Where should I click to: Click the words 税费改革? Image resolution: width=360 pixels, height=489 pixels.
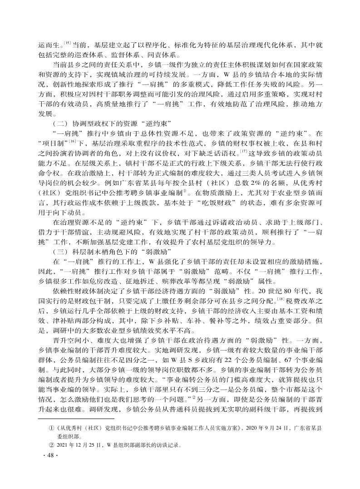pos(302,301)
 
